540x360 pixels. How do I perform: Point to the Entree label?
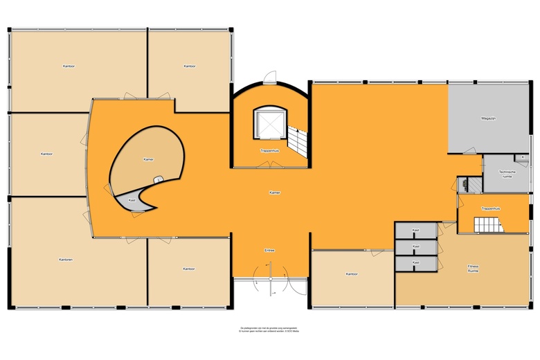pyautogui.click(x=270, y=250)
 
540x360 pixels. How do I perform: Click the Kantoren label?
pyautogui.click(x=66, y=260)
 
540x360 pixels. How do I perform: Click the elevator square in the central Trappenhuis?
pyautogui.click(x=269, y=123)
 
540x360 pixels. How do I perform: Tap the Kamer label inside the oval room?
pyautogui.click(x=147, y=159)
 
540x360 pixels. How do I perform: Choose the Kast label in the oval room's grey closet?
pyautogui.click(x=132, y=199)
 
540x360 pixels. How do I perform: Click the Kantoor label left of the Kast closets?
pyautogui.click(x=352, y=274)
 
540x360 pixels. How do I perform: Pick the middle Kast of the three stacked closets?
pyautogui.click(x=416, y=246)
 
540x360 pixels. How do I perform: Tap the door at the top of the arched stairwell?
pyautogui.click(x=271, y=78)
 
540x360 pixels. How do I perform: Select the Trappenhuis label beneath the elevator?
pyautogui.click(x=269, y=150)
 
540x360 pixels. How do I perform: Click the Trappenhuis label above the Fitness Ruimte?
pyautogui.click(x=491, y=208)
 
